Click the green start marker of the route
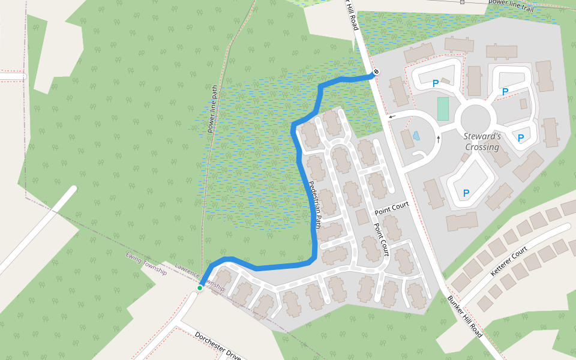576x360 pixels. point(200,288)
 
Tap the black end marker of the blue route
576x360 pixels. point(376,73)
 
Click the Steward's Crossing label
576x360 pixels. point(482,142)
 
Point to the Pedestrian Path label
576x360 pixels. point(316,205)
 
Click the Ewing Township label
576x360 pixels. point(146,263)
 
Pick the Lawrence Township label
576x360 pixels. point(199,277)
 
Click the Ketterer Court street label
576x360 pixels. point(509,260)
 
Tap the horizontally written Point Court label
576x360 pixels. point(391,209)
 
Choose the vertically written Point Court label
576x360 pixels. point(382,240)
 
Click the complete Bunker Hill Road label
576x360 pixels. point(465,316)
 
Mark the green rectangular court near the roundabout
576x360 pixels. point(443,109)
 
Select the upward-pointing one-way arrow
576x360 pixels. point(439,139)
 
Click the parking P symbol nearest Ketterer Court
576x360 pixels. point(466,193)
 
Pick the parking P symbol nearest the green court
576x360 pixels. point(435,84)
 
